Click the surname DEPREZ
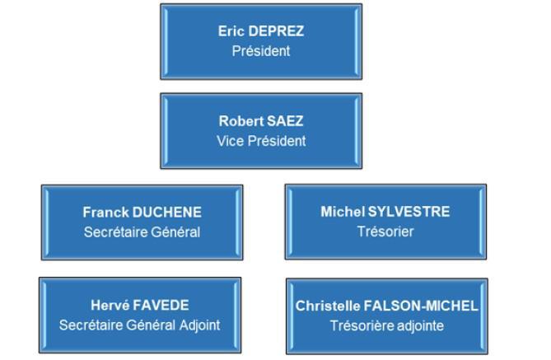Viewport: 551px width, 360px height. [x=276, y=31]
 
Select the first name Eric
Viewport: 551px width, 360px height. [x=231, y=31]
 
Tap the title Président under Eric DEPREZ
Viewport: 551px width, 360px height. [x=261, y=51]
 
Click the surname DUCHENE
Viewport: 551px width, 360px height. [x=167, y=213]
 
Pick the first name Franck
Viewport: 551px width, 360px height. [x=105, y=213]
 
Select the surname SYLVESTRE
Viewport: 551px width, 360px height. [x=409, y=212]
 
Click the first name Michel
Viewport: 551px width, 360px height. [x=343, y=212]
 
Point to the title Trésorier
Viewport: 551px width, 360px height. [x=385, y=231]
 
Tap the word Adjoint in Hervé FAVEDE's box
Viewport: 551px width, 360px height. [x=200, y=325]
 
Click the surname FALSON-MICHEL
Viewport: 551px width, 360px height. [x=421, y=306]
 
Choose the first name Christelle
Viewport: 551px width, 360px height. [x=328, y=306]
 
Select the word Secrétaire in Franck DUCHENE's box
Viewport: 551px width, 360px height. [x=116, y=232]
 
